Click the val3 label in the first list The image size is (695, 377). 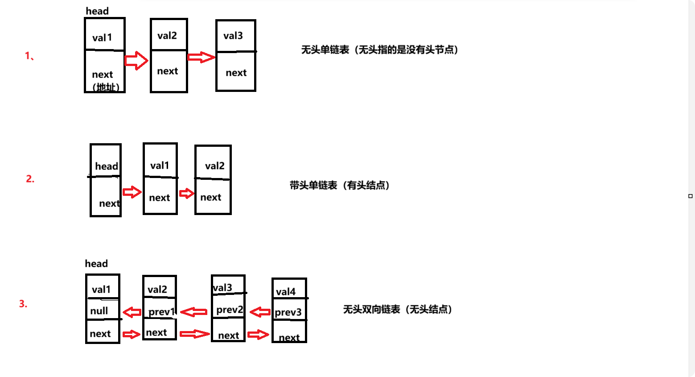(233, 36)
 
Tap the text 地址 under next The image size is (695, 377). (106, 87)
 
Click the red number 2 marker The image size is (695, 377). (30, 179)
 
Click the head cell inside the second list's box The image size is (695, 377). (107, 166)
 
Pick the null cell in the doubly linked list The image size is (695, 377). (99, 311)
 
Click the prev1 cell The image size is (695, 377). (161, 311)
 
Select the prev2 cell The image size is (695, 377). (230, 310)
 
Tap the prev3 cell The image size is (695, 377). (288, 312)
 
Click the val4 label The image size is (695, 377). (286, 292)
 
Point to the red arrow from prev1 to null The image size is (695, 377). (132, 312)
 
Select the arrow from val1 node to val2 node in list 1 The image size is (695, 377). (136, 60)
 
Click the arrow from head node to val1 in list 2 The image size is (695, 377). (132, 192)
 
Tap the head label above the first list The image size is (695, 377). (97, 11)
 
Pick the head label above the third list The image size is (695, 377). (96, 264)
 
